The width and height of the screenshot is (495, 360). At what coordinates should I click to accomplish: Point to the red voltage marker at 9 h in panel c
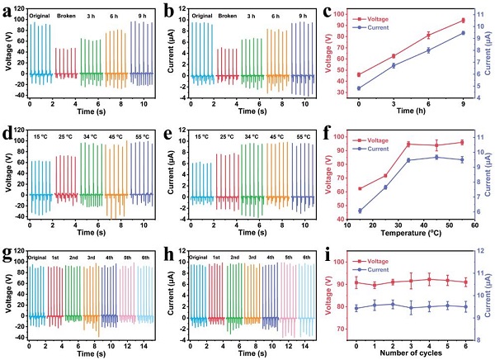pos(463,20)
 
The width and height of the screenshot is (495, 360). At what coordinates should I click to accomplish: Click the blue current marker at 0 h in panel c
pos(359,88)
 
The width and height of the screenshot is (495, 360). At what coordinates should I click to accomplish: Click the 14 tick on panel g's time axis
pos(144,343)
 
